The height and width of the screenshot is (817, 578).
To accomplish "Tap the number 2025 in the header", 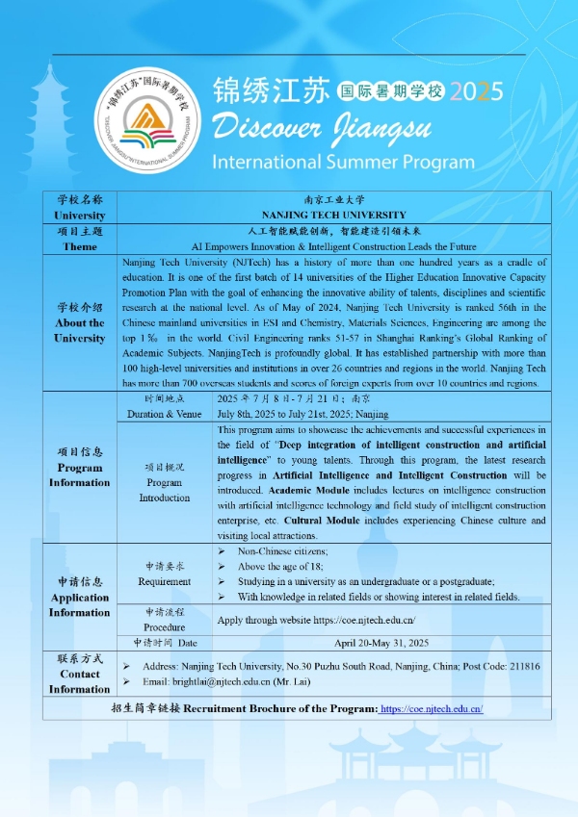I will [476, 91].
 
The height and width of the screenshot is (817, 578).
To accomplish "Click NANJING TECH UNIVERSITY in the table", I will [334, 215].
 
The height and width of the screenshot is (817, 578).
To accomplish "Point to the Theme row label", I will [80, 246].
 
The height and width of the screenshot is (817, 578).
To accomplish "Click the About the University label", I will [80, 330].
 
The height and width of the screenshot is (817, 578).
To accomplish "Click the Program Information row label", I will [80, 474].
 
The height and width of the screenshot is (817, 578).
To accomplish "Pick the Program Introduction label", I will [165, 490].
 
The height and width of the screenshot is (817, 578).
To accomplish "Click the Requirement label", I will [164, 581].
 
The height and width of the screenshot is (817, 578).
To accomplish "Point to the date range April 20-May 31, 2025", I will [382, 642].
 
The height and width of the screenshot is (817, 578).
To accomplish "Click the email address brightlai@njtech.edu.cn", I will [220, 681].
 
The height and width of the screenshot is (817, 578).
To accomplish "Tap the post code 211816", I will [519, 666].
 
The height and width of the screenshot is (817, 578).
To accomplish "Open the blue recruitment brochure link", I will [432, 708].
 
